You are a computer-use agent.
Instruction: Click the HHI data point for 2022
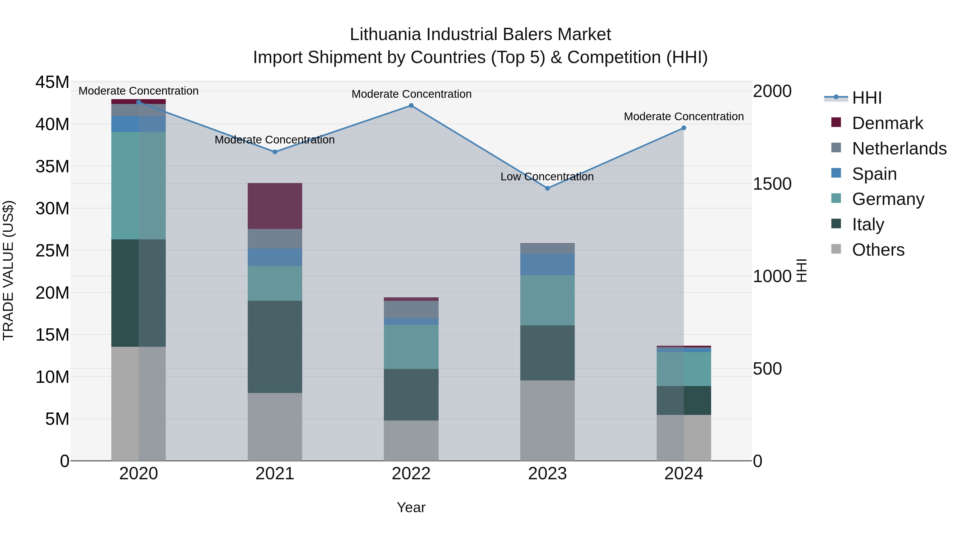tap(411, 106)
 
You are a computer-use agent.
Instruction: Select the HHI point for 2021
tap(275, 152)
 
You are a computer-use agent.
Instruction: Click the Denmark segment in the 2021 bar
tap(275, 206)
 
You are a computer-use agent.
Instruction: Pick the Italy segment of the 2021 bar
tap(275, 347)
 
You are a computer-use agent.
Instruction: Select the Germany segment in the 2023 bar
tap(547, 301)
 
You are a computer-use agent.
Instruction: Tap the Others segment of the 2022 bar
tap(411, 441)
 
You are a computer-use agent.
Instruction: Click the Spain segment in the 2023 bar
tap(547, 265)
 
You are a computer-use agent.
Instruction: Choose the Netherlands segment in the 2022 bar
tap(411, 310)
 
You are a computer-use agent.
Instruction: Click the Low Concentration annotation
tap(547, 177)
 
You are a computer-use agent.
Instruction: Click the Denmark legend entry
tap(887, 123)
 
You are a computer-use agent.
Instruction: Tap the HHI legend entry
tap(867, 98)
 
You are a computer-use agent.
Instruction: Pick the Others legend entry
tap(878, 250)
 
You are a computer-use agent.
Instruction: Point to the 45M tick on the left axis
tap(52, 82)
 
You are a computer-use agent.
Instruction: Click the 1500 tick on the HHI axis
tap(772, 184)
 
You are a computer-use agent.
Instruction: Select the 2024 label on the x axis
tap(683, 474)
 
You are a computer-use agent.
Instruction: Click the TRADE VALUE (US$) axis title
tap(8, 271)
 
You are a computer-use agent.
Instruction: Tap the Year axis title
tap(411, 507)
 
